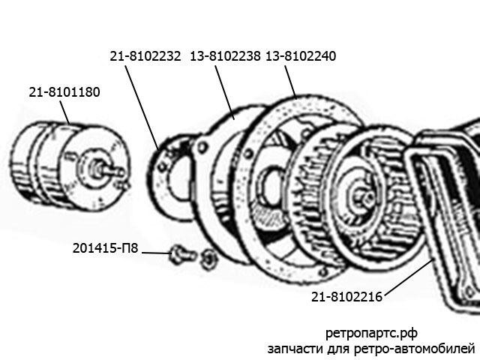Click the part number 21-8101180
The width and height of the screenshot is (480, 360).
click(64, 92)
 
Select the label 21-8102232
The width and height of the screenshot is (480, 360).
click(145, 56)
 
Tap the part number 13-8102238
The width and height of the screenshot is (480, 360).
click(225, 56)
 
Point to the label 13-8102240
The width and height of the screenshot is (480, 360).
click(301, 56)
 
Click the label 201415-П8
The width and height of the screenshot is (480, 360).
click(105, 248)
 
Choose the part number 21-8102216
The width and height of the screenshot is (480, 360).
click(346, 297)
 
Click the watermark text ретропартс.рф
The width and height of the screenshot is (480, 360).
click(371, 333)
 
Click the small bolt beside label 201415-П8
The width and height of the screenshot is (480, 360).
click(181, 255)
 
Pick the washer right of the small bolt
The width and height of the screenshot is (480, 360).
click(208, 258)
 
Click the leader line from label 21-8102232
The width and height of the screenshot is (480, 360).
click(142, 108)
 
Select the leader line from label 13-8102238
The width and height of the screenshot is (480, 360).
click(225, 93)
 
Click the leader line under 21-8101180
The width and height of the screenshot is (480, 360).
click(64, 112)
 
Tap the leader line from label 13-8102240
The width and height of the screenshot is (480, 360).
click(290, 82)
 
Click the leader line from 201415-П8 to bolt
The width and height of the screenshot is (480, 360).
click(155, 253)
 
